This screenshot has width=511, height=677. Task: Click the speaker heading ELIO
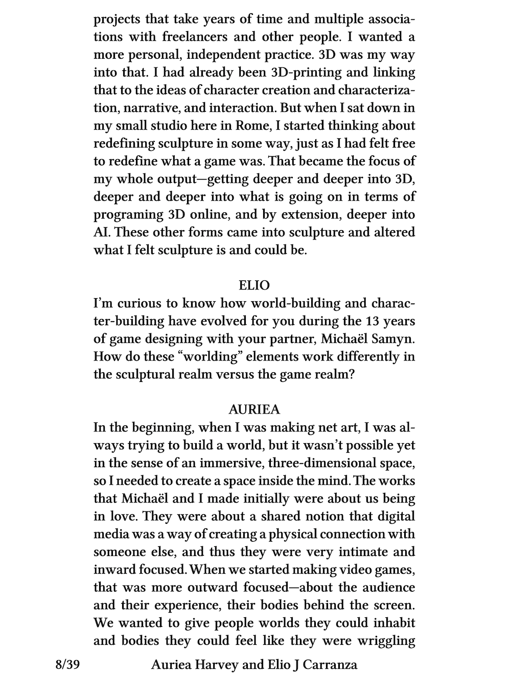pos(254,285)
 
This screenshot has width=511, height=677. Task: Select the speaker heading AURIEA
pos(254,409)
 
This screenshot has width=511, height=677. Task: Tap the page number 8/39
pos(67,664)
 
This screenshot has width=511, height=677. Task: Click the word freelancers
pos(194,37)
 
